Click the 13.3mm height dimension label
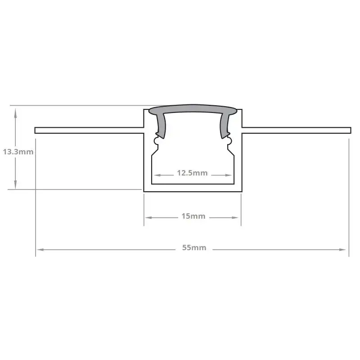[18, 152]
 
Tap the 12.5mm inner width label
[192, 173]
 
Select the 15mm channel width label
[193, 216]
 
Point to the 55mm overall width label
[194, 247]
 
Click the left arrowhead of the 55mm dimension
[39, 248]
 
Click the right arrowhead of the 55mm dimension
[345, 248]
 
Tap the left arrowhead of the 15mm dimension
[147, 217]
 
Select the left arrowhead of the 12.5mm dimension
[155, 174]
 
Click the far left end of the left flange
[36, 130]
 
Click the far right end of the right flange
[350, 130]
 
